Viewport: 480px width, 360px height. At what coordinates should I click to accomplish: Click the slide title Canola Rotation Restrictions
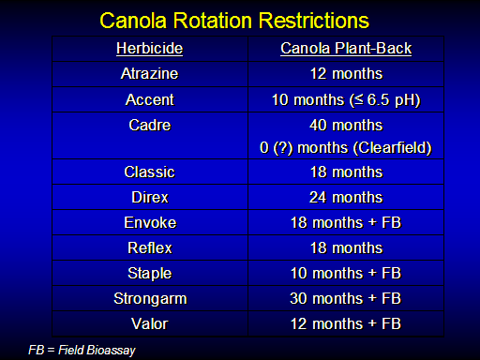(234, 21)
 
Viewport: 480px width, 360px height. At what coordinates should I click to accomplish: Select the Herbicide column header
(150, 49)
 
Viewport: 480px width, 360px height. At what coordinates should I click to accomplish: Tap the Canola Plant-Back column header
(346, 49)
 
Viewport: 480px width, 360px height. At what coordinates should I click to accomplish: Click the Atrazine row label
(150, 74)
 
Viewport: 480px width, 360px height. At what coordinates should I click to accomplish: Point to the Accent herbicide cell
(150, 99)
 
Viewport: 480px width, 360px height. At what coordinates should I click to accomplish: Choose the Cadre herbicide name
(150, 125)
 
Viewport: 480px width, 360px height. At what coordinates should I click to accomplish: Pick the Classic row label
(150, 172)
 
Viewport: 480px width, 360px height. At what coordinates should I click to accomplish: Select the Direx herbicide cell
(150, 197)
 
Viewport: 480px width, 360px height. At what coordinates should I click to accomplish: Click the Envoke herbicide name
(150, 222)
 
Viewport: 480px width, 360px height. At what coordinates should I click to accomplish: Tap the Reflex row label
(150, 247)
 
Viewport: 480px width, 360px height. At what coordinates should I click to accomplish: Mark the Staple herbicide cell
(150, 274)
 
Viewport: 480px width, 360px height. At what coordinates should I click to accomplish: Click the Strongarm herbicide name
(150, 299)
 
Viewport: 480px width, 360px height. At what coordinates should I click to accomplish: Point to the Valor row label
(150, 323)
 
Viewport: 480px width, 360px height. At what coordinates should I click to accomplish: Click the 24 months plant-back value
(346, 197)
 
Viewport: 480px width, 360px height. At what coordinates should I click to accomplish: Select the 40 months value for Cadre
(346, 125)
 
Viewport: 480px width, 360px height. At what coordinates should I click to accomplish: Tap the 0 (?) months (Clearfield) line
(346, 148)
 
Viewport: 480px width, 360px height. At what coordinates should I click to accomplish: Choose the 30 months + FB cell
(346, 298)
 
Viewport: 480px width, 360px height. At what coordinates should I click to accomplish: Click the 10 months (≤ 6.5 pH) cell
(346, 100)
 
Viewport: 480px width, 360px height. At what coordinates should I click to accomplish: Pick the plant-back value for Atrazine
(346, 74)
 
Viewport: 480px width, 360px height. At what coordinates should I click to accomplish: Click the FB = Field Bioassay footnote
(82, 350)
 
